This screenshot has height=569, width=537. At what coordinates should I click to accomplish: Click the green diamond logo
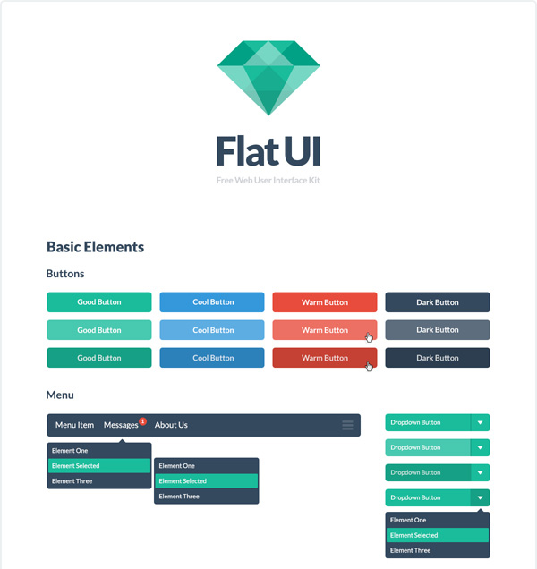click(x=268, y=78)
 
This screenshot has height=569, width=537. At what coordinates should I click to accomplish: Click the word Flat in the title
click(x=248, y=151)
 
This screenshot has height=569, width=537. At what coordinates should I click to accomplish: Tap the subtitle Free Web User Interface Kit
click(x=268, y=181)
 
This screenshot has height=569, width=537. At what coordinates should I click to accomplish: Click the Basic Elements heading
click(x=95, y=247)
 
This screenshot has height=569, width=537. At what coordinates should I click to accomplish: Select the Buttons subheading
click(x=65, y=274)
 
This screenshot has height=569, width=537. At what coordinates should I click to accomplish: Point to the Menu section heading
click(x=60, y=395)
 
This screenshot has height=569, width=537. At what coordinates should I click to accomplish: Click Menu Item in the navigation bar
click(x=74, y=425)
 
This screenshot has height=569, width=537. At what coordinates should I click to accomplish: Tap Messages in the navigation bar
click(x=121, y=425)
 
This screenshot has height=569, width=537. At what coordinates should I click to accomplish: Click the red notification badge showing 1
click(x=142, y=421)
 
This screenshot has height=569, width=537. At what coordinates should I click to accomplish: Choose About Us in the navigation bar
click(x=171, y=425)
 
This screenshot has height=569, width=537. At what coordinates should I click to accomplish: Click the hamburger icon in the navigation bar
click(x=347, y=425)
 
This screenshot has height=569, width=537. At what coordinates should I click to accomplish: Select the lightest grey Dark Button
click(x=438, y=330)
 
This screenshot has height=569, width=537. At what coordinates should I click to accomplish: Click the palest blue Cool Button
click(x=212, y=330)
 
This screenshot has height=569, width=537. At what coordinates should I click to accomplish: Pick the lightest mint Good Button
click(x=99, y=330)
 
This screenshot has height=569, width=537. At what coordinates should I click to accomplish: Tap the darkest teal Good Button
click(x=99, y=358)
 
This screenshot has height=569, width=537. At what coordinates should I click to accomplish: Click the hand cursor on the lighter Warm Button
click(x=370, y=337)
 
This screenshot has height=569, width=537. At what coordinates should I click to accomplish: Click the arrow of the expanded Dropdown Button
click(x=480, y=497)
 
